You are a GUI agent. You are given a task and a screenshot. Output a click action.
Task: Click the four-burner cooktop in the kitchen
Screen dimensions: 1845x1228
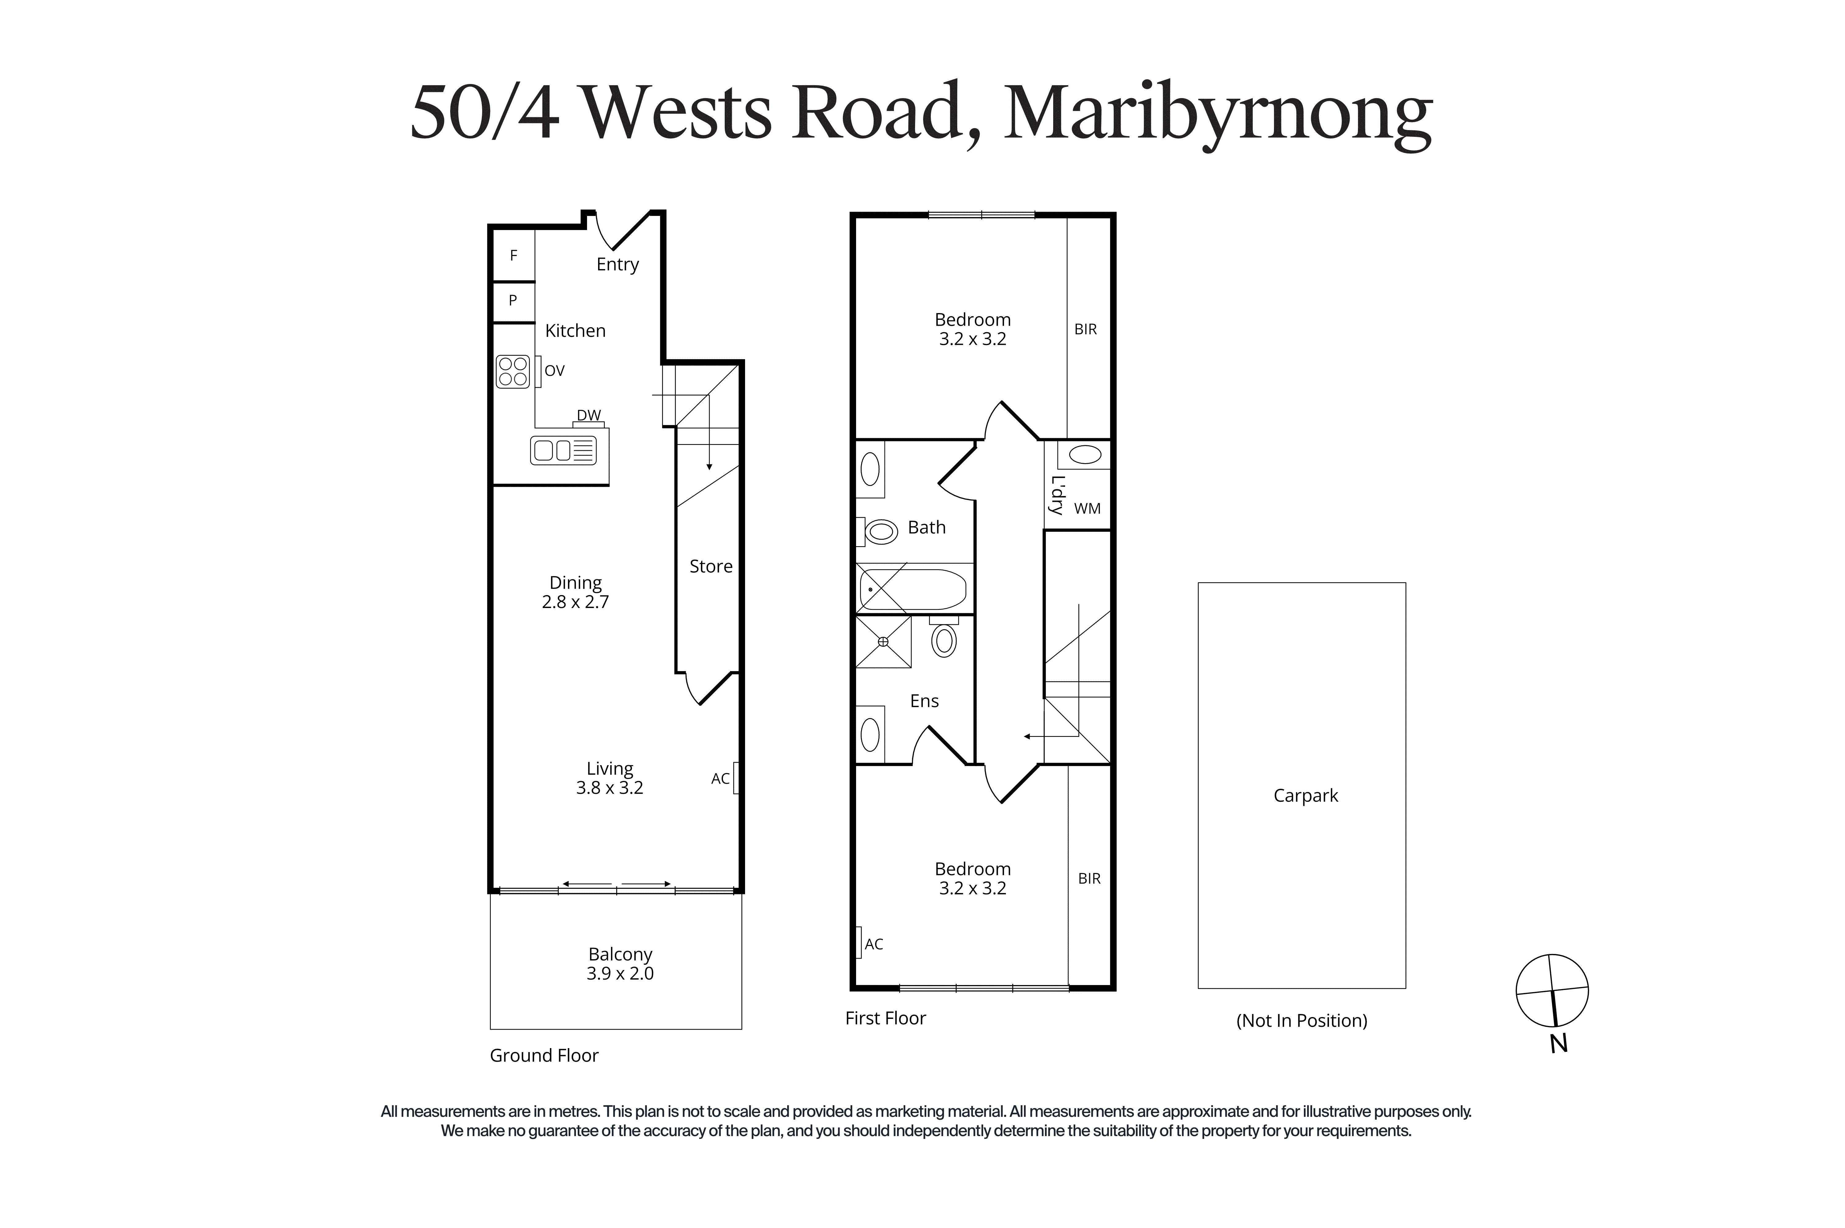point(513,371)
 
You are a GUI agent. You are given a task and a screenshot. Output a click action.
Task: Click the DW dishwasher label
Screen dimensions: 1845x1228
point(589,415)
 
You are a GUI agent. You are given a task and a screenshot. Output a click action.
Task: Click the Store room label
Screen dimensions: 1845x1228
point(710,566)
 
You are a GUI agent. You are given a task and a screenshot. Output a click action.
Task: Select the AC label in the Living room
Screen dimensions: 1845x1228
point(720,778)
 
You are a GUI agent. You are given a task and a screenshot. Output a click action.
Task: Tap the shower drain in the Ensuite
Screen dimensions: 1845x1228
point(883,642)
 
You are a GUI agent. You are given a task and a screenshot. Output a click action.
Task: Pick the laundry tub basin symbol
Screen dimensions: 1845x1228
point(1085,454)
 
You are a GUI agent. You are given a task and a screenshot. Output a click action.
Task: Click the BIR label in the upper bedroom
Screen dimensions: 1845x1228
point(1085,330)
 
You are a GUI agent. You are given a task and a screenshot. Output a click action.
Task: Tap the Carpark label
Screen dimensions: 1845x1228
point(1305,796)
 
